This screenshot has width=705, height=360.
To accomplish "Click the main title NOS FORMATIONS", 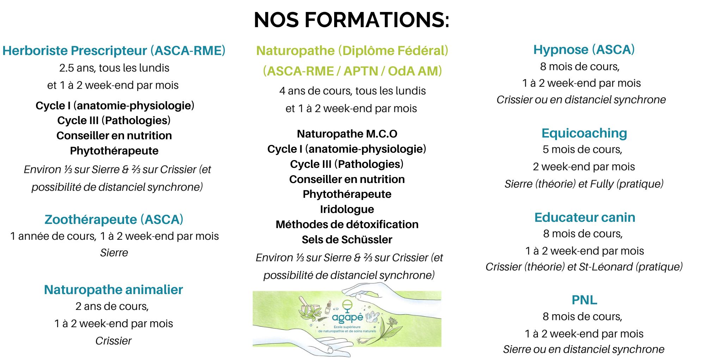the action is (x=351, y=20).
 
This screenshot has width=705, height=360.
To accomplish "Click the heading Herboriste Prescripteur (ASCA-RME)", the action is (x=114, y=51).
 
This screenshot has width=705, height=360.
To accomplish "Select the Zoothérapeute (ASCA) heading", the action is (x=114, y=219).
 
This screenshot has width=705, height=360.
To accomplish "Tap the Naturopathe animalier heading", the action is (x=114, y=289).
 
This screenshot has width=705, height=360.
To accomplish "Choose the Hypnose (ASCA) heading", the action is (x=584, y=50).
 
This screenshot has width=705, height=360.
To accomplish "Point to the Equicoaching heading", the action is (x=584, y=133).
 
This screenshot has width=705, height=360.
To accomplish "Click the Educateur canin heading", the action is (x=585, y=217).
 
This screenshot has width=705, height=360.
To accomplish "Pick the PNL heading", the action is (x=584, y=300).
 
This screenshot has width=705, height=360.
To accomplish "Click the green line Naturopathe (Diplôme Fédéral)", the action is (x=352, y=51).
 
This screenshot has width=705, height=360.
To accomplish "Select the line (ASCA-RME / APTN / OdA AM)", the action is (x=352, y=71).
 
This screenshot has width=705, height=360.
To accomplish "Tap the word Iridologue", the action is (x=347, y=209).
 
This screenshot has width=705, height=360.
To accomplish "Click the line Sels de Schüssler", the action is (x=347, y=240).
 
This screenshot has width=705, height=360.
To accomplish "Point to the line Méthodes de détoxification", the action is (x=347, y=225).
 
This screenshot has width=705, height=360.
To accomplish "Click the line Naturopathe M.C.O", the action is (x=347, y=134).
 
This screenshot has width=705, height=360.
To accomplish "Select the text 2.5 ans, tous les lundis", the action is (x=114, y=68).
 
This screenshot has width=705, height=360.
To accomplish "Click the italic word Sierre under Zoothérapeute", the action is (x=114, y=253).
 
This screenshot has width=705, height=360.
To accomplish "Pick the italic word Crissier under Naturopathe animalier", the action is (x=114, y=341).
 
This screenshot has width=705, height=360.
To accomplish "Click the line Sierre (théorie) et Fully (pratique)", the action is (x=584, y=184).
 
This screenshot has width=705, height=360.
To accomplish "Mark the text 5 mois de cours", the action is (x=582, y=150).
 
